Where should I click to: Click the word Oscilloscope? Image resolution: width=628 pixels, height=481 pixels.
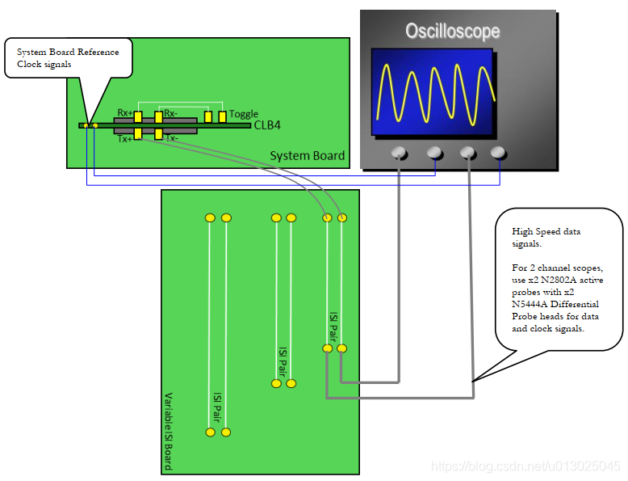452,32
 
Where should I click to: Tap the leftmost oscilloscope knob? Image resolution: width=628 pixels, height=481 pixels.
398,152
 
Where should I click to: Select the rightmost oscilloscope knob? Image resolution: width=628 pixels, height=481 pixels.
498,152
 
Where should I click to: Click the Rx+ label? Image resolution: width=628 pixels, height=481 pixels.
124,113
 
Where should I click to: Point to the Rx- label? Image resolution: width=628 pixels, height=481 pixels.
170,113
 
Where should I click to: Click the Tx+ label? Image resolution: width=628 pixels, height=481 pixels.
124,139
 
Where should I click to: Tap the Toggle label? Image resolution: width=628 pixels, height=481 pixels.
244,114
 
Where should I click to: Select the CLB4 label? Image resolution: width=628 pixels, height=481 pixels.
267,125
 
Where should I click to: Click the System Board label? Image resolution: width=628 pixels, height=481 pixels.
307,156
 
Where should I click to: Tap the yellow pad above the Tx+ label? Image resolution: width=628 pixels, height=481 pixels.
139,133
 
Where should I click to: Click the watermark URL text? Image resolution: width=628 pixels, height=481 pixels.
525,466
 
